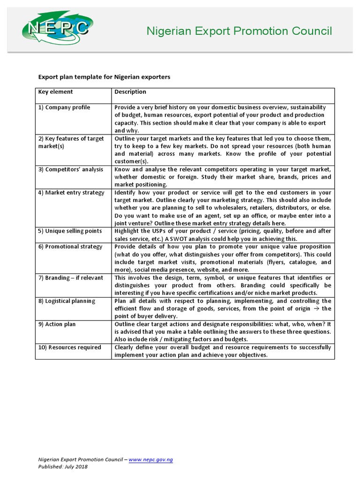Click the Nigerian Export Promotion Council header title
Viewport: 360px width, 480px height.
pyautogui.click(x=239, y=31)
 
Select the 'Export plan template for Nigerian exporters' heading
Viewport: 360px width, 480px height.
pyautogui.click(x=104, y=76)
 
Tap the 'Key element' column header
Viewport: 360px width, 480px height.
pyautogui.click(x=55, y=92)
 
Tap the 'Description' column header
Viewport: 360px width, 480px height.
pyautogui.click(x=130, y=92)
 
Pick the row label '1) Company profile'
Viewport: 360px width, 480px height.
pyautogui.click(x=64, y=107)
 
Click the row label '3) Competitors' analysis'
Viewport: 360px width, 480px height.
pyautogui.click(x=71, y=169)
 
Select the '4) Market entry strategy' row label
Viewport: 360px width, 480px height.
pyautogui.click(x=71, y=193)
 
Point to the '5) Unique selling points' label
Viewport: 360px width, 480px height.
pyautogui.click(x=70, y=231)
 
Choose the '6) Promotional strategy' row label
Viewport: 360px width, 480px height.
pyautogui.click(x=70, y=247)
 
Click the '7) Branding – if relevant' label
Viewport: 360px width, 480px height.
pyautogui.click(x=71, y=278)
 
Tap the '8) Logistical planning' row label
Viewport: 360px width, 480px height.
pyautogui.click(x=67, y=301)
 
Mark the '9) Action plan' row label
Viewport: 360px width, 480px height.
pyautogui.click(x=57, y=324)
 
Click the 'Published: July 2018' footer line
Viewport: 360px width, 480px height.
pyautogui.click(x=63, y=467)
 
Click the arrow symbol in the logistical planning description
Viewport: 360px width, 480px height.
pyautogui.click(x=316, y=309)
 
